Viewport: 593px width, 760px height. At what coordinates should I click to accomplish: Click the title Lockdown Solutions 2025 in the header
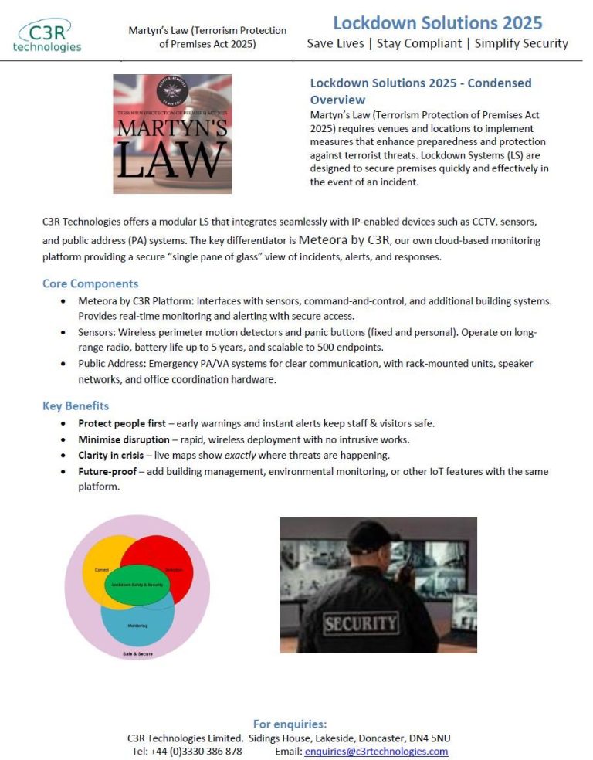coord(437,23)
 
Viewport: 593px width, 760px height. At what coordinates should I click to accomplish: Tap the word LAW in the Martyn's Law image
coord(172,161)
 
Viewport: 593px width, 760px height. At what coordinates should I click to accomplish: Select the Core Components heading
coord(90,283)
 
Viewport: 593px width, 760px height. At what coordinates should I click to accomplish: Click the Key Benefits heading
coord(76,405)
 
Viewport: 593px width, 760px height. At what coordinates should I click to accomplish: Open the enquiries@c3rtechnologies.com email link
coord(376,751)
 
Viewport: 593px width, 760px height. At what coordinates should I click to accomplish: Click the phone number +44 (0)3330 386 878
coord(197,751)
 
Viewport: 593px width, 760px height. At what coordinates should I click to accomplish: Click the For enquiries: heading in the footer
coord(290,724)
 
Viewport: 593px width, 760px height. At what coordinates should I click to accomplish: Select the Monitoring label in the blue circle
coord(137,626)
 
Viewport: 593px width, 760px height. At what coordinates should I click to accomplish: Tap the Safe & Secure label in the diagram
coord(137,653)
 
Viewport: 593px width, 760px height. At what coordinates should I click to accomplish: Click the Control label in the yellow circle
coord(101,570)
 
